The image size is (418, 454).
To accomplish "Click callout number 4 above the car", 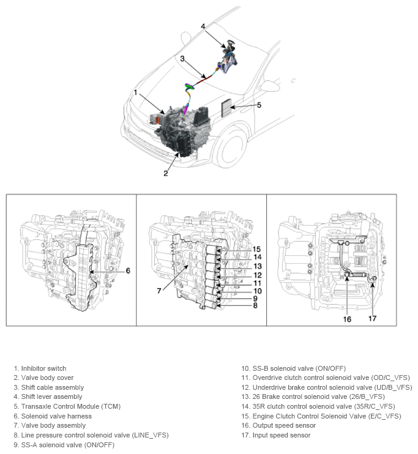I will [x=203, y=26].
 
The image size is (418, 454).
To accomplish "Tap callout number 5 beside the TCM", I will [x=259, y=105].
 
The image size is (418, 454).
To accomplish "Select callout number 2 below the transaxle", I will [x=165, y=173].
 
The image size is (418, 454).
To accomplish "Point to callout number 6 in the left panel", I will [x=128, y=270].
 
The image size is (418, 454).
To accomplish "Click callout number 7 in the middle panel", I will [x=159, y=291].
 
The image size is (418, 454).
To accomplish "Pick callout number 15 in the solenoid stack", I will [x=256, y=249].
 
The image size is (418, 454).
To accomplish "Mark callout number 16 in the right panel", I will [x=347, y=318].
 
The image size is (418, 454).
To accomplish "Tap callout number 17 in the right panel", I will [x=373, y=318].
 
